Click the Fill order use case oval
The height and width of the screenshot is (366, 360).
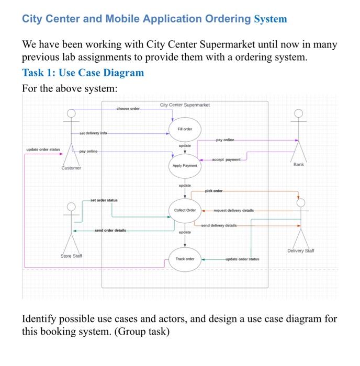coord(184,129)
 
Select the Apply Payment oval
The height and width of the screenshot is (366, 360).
coord(184,165)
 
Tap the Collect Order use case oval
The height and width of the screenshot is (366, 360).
coord(185,210)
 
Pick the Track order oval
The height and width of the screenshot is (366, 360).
coord(185,259)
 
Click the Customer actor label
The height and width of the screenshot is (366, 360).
coord(71,168)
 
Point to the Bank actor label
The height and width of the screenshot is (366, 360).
coord(298,164)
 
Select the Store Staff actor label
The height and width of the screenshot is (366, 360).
coord(71,256)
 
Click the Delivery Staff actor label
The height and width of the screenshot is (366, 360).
coord(301,251)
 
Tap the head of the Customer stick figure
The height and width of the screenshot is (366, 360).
coord(71,113)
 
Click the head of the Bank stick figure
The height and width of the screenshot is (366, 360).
coord(298,113)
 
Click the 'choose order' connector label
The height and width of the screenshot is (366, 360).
coord(128,108)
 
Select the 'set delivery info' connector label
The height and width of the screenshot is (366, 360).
coord(93,133)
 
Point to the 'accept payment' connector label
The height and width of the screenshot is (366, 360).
coord(226,159)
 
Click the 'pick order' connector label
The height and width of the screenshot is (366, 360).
coord(213,191)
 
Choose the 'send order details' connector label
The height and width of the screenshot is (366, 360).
coord(110,231)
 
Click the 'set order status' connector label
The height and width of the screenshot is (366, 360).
coord(104,200)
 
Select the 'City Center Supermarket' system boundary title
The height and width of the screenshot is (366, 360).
coord(185,105)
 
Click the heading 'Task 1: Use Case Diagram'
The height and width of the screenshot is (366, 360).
coord(83,73)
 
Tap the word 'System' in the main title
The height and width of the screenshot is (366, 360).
coord(271,19)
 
